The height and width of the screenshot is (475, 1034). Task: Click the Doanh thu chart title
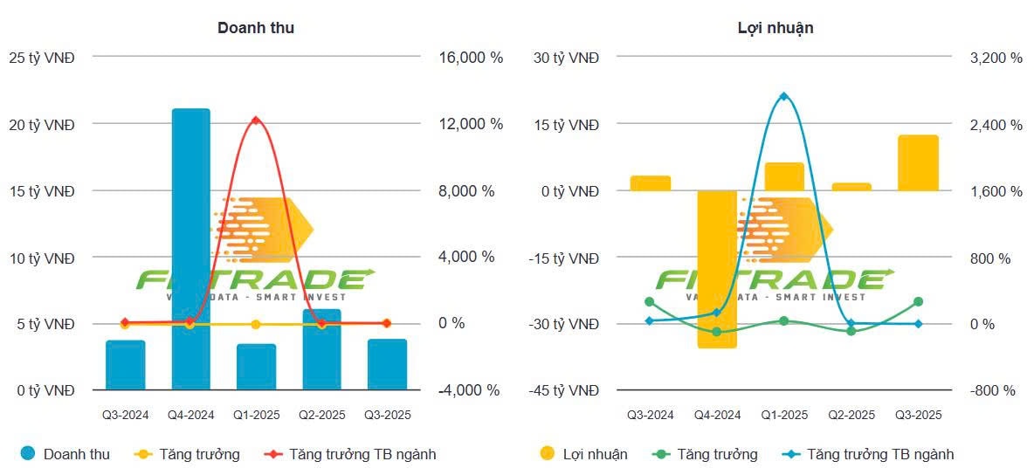pos(255,28)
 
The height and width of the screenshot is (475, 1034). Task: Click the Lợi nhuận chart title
pos(775,28)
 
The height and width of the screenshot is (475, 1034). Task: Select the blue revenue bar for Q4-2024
pos(190,249)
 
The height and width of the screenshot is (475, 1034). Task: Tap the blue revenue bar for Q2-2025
pos(321,349)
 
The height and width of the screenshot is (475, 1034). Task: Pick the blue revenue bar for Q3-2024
pos(125,365)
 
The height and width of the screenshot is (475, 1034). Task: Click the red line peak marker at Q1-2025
pos(255,120)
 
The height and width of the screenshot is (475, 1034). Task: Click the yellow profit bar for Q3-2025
pos(918,163)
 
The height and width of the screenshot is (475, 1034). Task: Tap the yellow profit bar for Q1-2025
pos(783,176)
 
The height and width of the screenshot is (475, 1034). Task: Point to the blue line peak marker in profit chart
pos(783,96)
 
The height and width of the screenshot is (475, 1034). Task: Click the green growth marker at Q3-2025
pos(918,302)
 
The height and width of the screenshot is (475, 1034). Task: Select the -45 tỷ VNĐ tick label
pos(565,390)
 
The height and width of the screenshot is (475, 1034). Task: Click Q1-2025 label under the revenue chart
pos(255,416)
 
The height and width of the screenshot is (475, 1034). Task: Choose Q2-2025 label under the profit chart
pos(851,416)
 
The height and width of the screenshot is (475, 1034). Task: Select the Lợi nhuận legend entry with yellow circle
pos(583,454)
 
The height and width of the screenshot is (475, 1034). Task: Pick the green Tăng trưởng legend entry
pos(707,454)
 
